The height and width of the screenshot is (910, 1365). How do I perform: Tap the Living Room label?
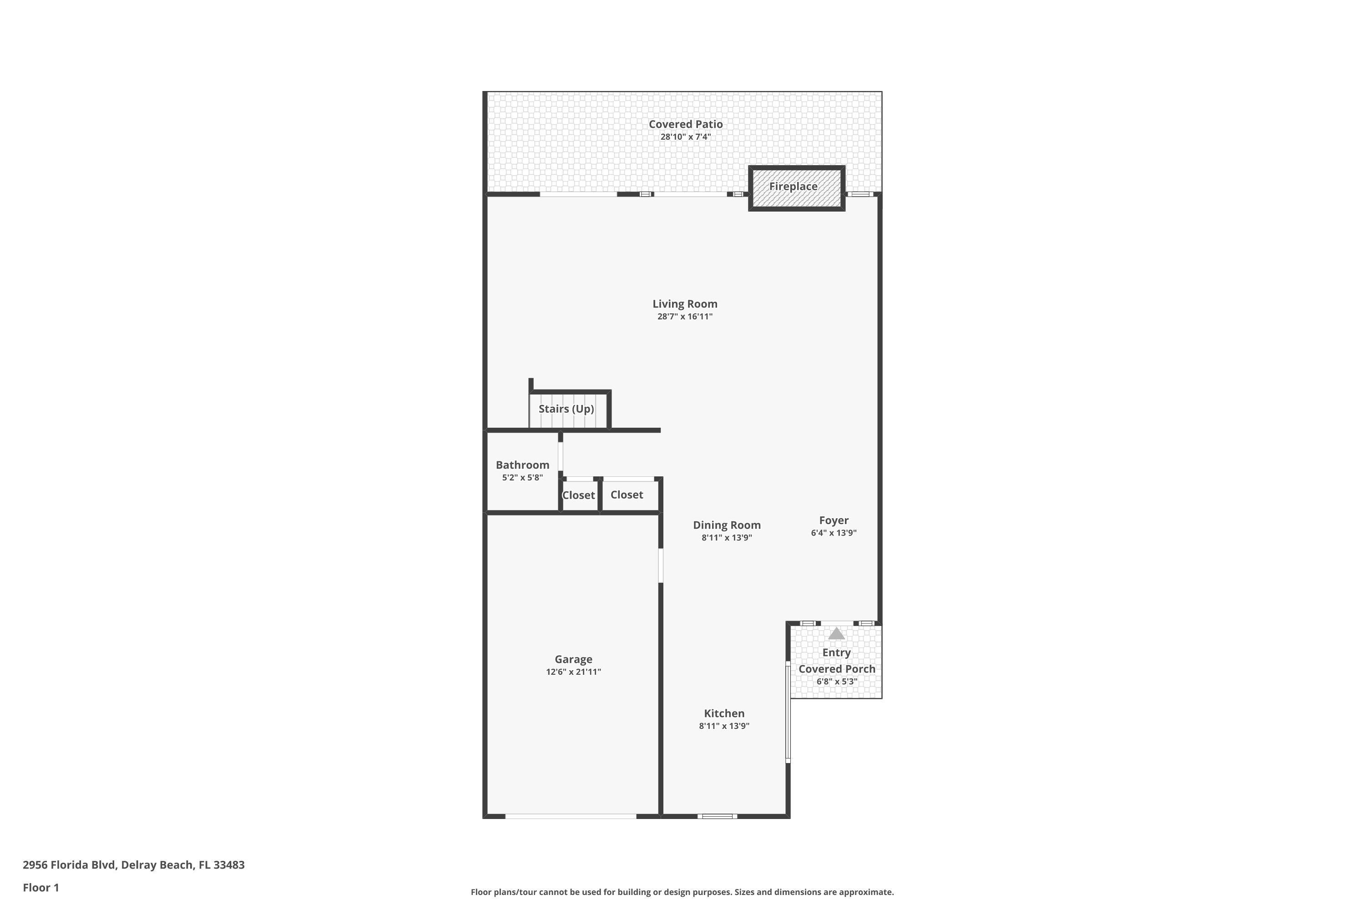(x=685, y=303)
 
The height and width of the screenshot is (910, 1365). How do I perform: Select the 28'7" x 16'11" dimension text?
(x=685, y=317)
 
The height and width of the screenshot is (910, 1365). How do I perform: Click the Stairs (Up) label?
(x=566, y=409)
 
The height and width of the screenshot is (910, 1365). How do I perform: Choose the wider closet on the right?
(x=627, y=495)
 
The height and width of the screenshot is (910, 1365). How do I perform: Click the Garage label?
(x=573, y=659)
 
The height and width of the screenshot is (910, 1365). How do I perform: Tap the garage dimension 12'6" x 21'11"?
(x=573, y=672)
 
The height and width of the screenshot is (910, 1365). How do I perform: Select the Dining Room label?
(x=727, y=525)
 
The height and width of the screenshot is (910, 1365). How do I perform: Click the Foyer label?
(x=834, y=521)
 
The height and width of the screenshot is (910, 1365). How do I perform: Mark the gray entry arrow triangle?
(x=836, y=633)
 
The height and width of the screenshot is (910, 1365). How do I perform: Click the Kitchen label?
(x=724, y=714)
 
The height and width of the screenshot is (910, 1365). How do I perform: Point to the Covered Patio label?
(x=685, y=124)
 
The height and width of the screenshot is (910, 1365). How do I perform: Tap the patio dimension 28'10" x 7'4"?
(x=685, y=137)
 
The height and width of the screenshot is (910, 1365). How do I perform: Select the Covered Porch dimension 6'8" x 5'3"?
(x=837, y=681)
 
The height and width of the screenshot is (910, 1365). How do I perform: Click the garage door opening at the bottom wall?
(x=571, y=816)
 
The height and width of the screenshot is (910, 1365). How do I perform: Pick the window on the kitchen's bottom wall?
(x=718, y=816)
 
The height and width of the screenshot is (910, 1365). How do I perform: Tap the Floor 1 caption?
(x=40, y=887)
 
